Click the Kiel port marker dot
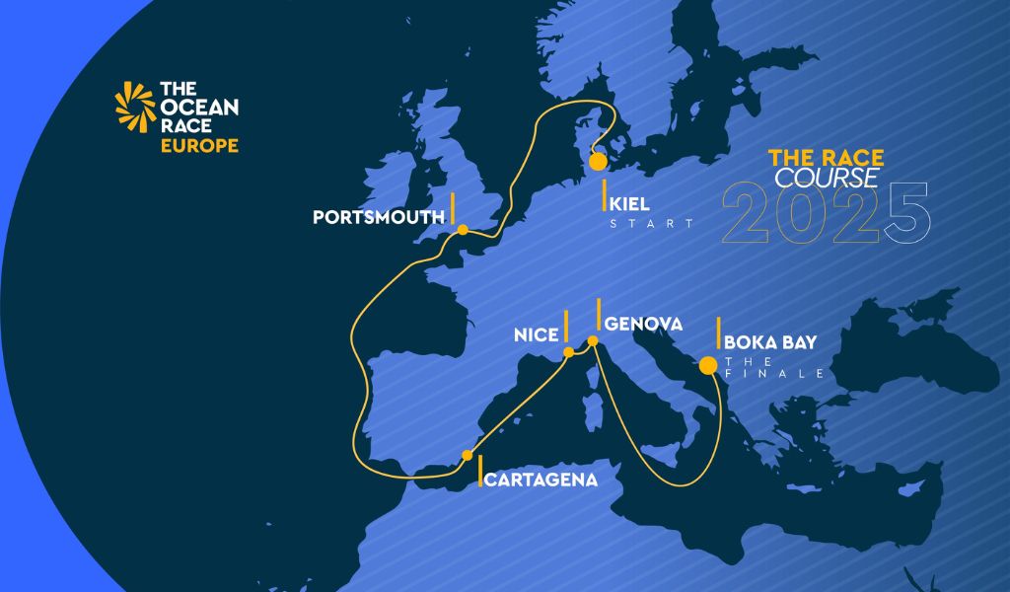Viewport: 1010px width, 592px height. (x=598, y=162)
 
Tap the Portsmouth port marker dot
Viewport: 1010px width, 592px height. (x=462, y=230)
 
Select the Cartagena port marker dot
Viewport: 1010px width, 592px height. (x=468, y=455)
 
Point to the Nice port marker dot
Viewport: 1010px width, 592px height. (x=568, y=351)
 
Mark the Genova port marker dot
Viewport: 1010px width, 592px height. (x=593, y=341)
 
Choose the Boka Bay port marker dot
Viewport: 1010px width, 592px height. (x=707, y=366)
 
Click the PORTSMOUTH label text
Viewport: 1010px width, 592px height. (x=376, y=216)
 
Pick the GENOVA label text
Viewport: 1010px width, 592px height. (x=643, y=323)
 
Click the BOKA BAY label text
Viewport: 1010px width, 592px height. (x=770, y=342)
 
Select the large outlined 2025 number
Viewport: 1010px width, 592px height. (x=827, y=213)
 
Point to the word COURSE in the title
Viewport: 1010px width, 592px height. (x=826, y=178)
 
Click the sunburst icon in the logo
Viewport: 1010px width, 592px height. (x=135, y=107)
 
